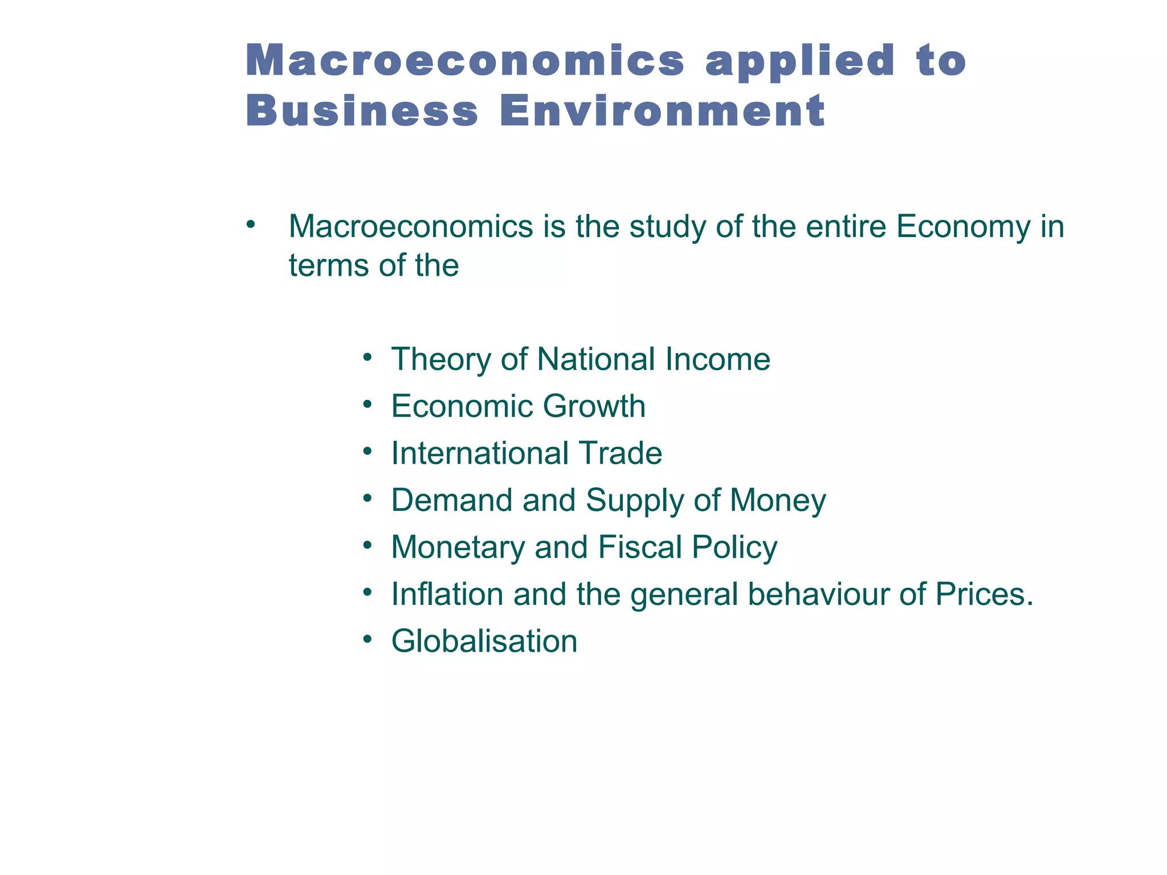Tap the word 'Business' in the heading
click(362, 111)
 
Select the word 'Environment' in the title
click(662, 111)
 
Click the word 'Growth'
click(594, 407)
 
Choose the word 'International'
click(480, 453)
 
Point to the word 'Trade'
click(621, 453)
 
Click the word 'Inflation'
click(447, 594)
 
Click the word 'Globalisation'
click(484, 641)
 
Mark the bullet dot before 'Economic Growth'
click(368, 404)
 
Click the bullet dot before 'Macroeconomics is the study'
click(250, 224)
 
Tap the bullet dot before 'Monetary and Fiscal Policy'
click(368, 545)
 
